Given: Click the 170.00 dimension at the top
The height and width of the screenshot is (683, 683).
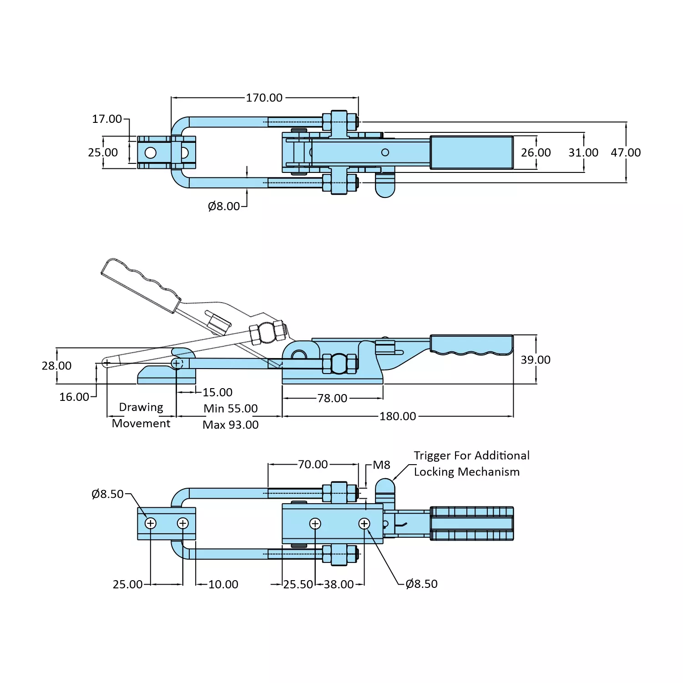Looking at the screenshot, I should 264,98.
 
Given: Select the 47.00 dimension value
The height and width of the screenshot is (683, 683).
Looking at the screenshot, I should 626,152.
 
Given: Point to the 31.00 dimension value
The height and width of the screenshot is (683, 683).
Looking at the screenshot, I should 583,152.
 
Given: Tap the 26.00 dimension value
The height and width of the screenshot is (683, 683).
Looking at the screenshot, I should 536,152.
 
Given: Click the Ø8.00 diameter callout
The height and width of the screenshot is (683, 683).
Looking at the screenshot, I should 223,206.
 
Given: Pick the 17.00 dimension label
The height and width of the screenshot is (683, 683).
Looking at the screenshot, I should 107,119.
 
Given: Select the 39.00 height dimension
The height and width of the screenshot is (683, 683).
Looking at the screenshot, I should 536,360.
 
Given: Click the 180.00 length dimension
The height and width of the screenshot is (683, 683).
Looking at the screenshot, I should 398,416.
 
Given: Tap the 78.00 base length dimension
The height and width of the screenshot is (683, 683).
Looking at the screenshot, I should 332,399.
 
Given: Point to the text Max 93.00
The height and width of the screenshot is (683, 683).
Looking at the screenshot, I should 231,425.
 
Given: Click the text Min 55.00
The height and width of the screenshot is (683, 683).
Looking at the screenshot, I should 231,409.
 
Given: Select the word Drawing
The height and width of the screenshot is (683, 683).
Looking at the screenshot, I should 141,407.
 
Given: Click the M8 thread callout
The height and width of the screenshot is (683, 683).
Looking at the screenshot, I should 381,465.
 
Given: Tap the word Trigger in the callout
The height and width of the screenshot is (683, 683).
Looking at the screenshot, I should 432,455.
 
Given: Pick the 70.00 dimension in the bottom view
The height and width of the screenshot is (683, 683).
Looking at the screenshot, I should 313,465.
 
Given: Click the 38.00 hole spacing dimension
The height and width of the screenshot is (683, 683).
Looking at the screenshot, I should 339,584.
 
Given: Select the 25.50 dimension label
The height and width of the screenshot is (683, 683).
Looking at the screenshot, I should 298,584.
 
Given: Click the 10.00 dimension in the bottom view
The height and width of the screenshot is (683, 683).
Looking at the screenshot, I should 223,584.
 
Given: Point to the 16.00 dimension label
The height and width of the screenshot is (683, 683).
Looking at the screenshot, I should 74,397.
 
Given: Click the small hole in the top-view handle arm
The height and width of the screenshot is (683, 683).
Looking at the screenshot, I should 385,152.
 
